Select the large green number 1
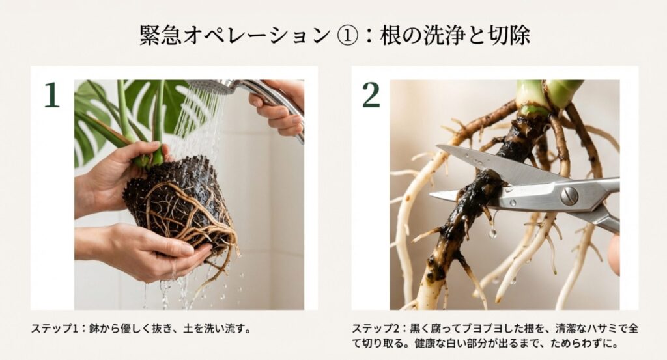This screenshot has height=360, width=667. coord(52,95)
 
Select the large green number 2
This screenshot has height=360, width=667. coord(371,95)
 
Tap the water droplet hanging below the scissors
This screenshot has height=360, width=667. coord(492,232)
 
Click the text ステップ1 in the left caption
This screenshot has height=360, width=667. coord(53,328)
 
